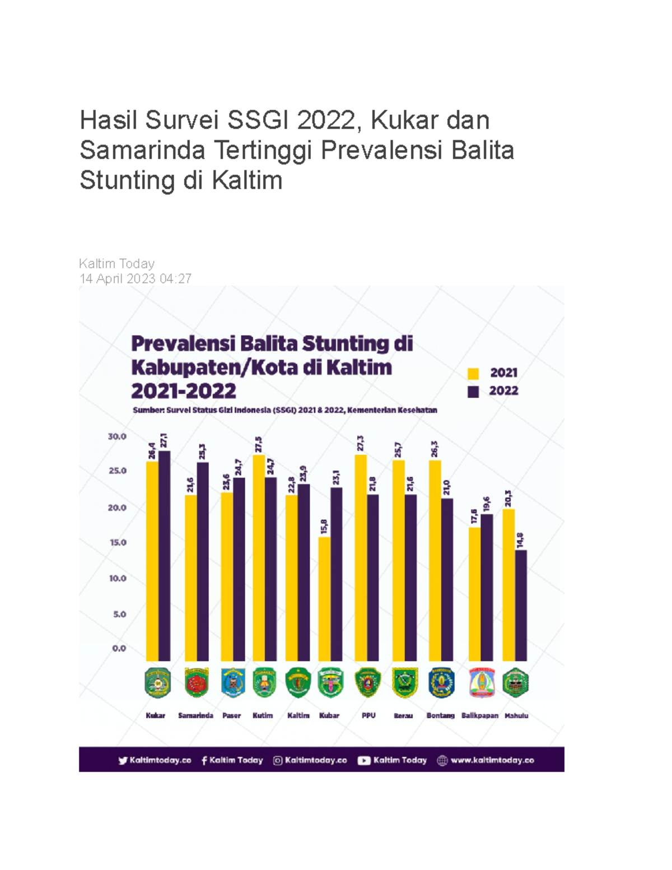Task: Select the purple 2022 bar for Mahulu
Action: coord(521,605)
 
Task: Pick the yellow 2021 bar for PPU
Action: coord(361,557)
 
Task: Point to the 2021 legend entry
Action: coord(493,373)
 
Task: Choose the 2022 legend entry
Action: coord(493,391)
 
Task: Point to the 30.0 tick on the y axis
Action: coord(118,436)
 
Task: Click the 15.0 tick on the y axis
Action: coord(118,542)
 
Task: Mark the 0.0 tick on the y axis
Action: coord(119,648)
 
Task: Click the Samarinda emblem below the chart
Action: coord(196,682)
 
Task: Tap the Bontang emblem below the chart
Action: coord(441,682)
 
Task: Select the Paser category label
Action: coord(231,715)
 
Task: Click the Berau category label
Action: coord(403,715)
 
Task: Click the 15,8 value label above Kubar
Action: coord(324,527)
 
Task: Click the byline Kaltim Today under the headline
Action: coord(116,263)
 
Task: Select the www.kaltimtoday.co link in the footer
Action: coord(492,760)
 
